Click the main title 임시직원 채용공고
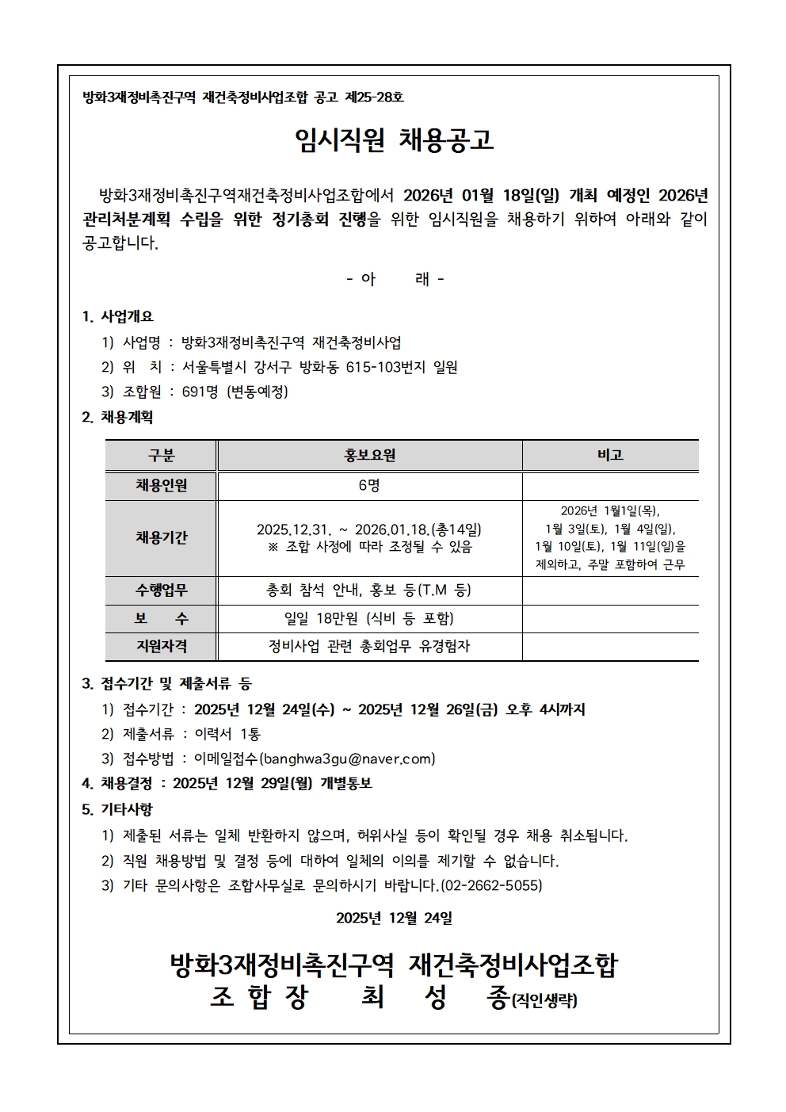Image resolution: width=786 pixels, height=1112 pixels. click(393, 140)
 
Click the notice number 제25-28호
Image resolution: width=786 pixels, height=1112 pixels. click(373, 97)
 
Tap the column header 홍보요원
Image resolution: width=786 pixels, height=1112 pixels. click(369, 456)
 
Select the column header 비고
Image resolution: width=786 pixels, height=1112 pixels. click(610, 456)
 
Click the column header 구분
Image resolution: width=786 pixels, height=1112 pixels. click(161, 456)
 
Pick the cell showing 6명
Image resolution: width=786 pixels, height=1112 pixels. click(369, 486)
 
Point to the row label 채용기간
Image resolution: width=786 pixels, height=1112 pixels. click(161, 538)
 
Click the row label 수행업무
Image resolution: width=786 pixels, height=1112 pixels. click(161, 590)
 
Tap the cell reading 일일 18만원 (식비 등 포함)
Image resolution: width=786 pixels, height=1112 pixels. click(369, 619)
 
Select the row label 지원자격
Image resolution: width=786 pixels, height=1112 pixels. click(161, 647)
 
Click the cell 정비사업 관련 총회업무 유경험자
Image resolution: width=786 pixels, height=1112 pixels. click(369, 647)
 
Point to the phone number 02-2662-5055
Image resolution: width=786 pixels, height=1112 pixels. click(491, 885)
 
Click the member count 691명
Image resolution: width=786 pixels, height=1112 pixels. click(200, 392)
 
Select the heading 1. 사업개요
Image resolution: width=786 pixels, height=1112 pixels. click(118, 316)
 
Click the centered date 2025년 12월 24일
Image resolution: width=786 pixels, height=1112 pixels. click(394, 918)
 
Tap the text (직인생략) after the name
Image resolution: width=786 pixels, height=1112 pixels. click(544, 1001)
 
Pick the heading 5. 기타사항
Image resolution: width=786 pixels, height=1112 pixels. click(117, 809)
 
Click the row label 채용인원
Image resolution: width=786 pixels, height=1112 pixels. click(161, 486)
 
